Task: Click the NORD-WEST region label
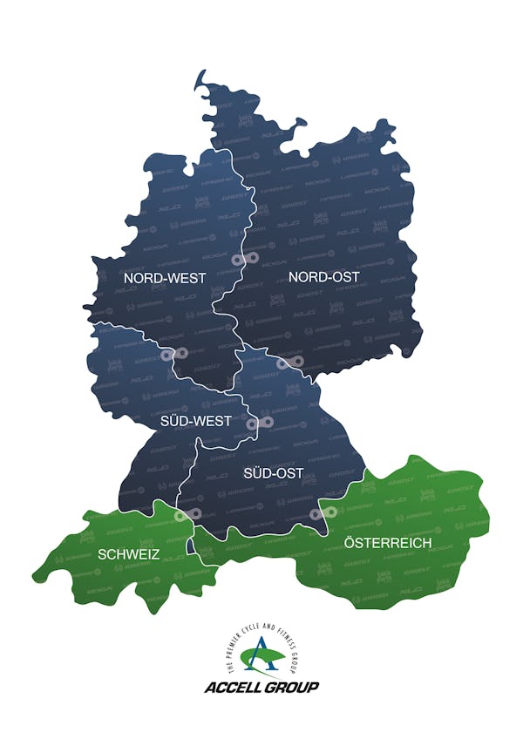point(165,278)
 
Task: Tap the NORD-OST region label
point(323,277)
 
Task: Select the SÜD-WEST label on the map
point(196,421)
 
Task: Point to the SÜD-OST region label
point(274,473)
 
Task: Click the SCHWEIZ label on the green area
point(128,553)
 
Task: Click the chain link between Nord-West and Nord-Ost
point(242,260)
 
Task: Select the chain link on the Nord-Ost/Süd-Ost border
point(290,362)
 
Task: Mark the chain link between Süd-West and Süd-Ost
point(261,423)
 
